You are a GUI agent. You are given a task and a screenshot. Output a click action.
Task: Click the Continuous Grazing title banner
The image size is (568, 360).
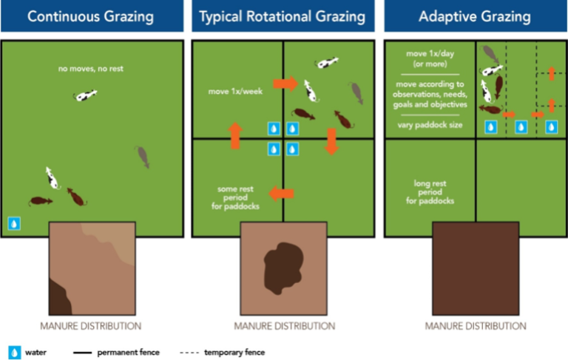92,16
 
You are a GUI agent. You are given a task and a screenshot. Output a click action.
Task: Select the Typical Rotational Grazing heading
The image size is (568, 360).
283,16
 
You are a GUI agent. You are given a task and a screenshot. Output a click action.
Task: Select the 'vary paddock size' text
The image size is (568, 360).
430,121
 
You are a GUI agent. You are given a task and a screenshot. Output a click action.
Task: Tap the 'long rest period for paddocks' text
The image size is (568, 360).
430,189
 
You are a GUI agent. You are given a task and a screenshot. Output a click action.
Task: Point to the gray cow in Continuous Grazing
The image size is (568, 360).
143,157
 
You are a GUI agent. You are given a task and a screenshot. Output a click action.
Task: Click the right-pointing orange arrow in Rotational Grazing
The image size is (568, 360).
286,84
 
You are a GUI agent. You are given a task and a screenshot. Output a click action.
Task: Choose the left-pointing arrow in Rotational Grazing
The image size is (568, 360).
280,194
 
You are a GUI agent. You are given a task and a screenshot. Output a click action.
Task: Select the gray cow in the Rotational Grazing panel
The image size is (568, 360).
356,92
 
